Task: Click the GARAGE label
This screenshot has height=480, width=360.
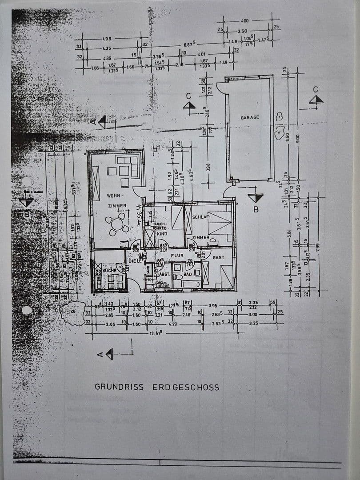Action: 250,118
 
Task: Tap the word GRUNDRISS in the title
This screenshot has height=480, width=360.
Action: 119,387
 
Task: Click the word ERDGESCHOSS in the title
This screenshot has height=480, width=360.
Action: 186,387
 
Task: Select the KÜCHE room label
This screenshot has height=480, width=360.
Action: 109,270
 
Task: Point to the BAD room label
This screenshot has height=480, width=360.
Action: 188,274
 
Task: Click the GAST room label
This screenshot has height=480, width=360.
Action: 219,257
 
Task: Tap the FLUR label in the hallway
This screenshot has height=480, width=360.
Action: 177,256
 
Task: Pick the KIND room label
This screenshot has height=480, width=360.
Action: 162,233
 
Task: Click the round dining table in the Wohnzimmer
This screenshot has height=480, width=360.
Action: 117,224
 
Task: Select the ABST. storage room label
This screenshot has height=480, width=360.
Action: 164,274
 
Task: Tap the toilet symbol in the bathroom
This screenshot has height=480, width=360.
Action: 178,276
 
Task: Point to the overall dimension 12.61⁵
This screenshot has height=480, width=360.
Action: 156,333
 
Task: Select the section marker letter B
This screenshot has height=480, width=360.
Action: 256,209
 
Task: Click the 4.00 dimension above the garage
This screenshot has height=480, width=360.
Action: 244,21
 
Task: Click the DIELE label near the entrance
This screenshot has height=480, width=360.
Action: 135,261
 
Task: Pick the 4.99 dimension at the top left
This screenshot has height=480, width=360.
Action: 107,39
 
